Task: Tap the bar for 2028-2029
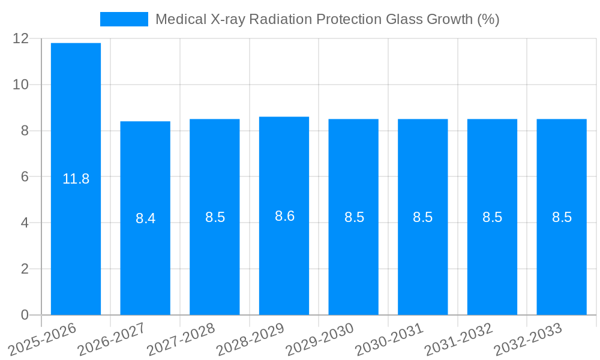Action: click(284, 215)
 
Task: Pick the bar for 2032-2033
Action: click(562, 217)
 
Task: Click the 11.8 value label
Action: click(76, 179)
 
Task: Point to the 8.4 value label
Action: click(145, 218)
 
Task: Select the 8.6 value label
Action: click(284, 216)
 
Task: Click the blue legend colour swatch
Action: click(124, 19)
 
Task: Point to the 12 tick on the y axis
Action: click(20, 38)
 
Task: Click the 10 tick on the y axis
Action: click(20, 85)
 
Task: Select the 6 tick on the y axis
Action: click(25, 176)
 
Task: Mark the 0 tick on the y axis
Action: click(25, 314)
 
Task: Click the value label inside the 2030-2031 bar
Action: click(422, 217)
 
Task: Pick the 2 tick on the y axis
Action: click(25, 269)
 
